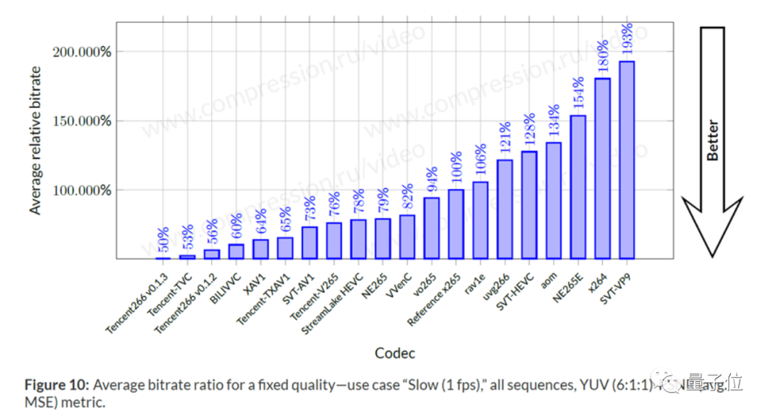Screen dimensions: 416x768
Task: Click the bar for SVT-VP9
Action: (626, 160)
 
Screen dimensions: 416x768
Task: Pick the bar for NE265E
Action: (578, 187)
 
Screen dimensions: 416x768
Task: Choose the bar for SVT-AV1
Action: (309, 242)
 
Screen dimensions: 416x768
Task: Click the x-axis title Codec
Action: (395, 353)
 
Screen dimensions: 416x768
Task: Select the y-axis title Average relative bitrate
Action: (36, 141)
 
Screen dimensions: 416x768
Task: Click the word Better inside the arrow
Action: (713, 141)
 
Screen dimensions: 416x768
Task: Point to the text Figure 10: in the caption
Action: (56, 385)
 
